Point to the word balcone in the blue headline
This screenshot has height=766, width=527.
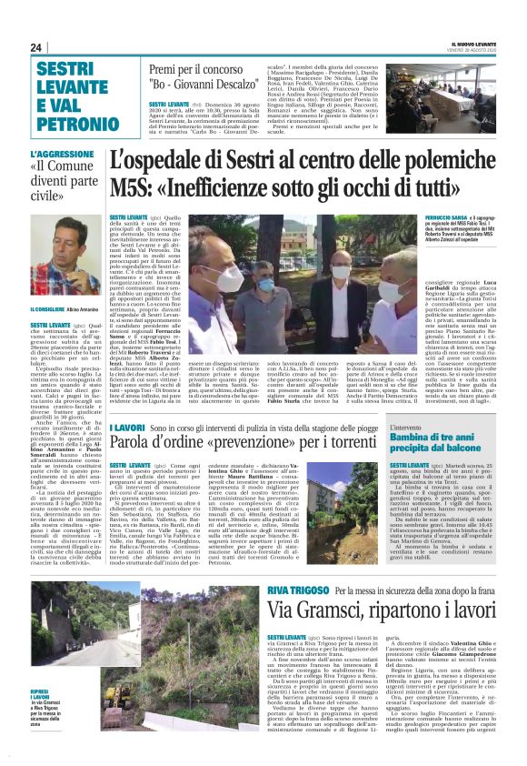point(472,449)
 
